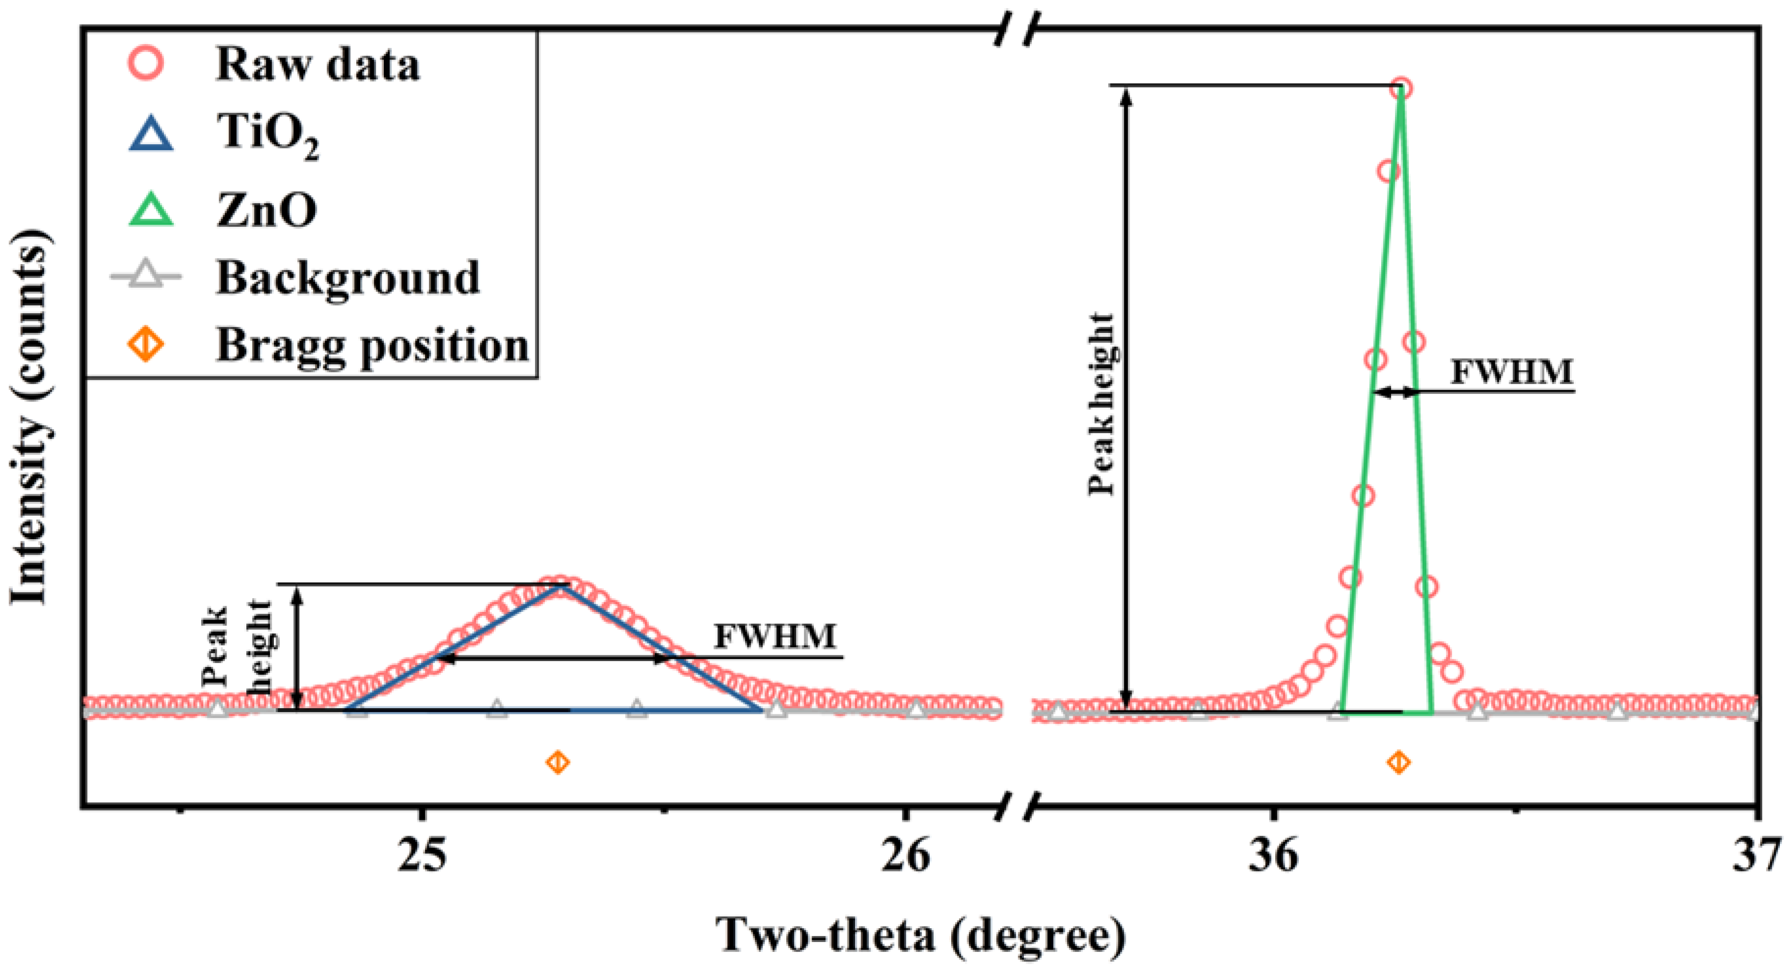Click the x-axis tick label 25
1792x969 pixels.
[x=422, y=855]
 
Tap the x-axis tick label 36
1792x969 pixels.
[x=1273, y=855]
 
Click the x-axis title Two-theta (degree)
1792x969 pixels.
[x=920, y=935]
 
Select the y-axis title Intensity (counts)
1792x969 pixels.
[x=29, y=418]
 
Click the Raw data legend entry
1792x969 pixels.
[x=317, y=65]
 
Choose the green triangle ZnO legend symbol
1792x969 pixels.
[x=151, y=210]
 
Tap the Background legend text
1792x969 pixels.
[x=348, y=278]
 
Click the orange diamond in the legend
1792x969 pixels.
[x=147, y=344]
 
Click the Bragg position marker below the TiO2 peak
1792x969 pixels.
[x=558, y=762]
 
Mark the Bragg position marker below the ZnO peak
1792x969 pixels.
[x=1399, y=762]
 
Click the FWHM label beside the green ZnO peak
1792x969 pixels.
[x=1511, y=372]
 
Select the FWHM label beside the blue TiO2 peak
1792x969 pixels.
[x=774, y=636]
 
